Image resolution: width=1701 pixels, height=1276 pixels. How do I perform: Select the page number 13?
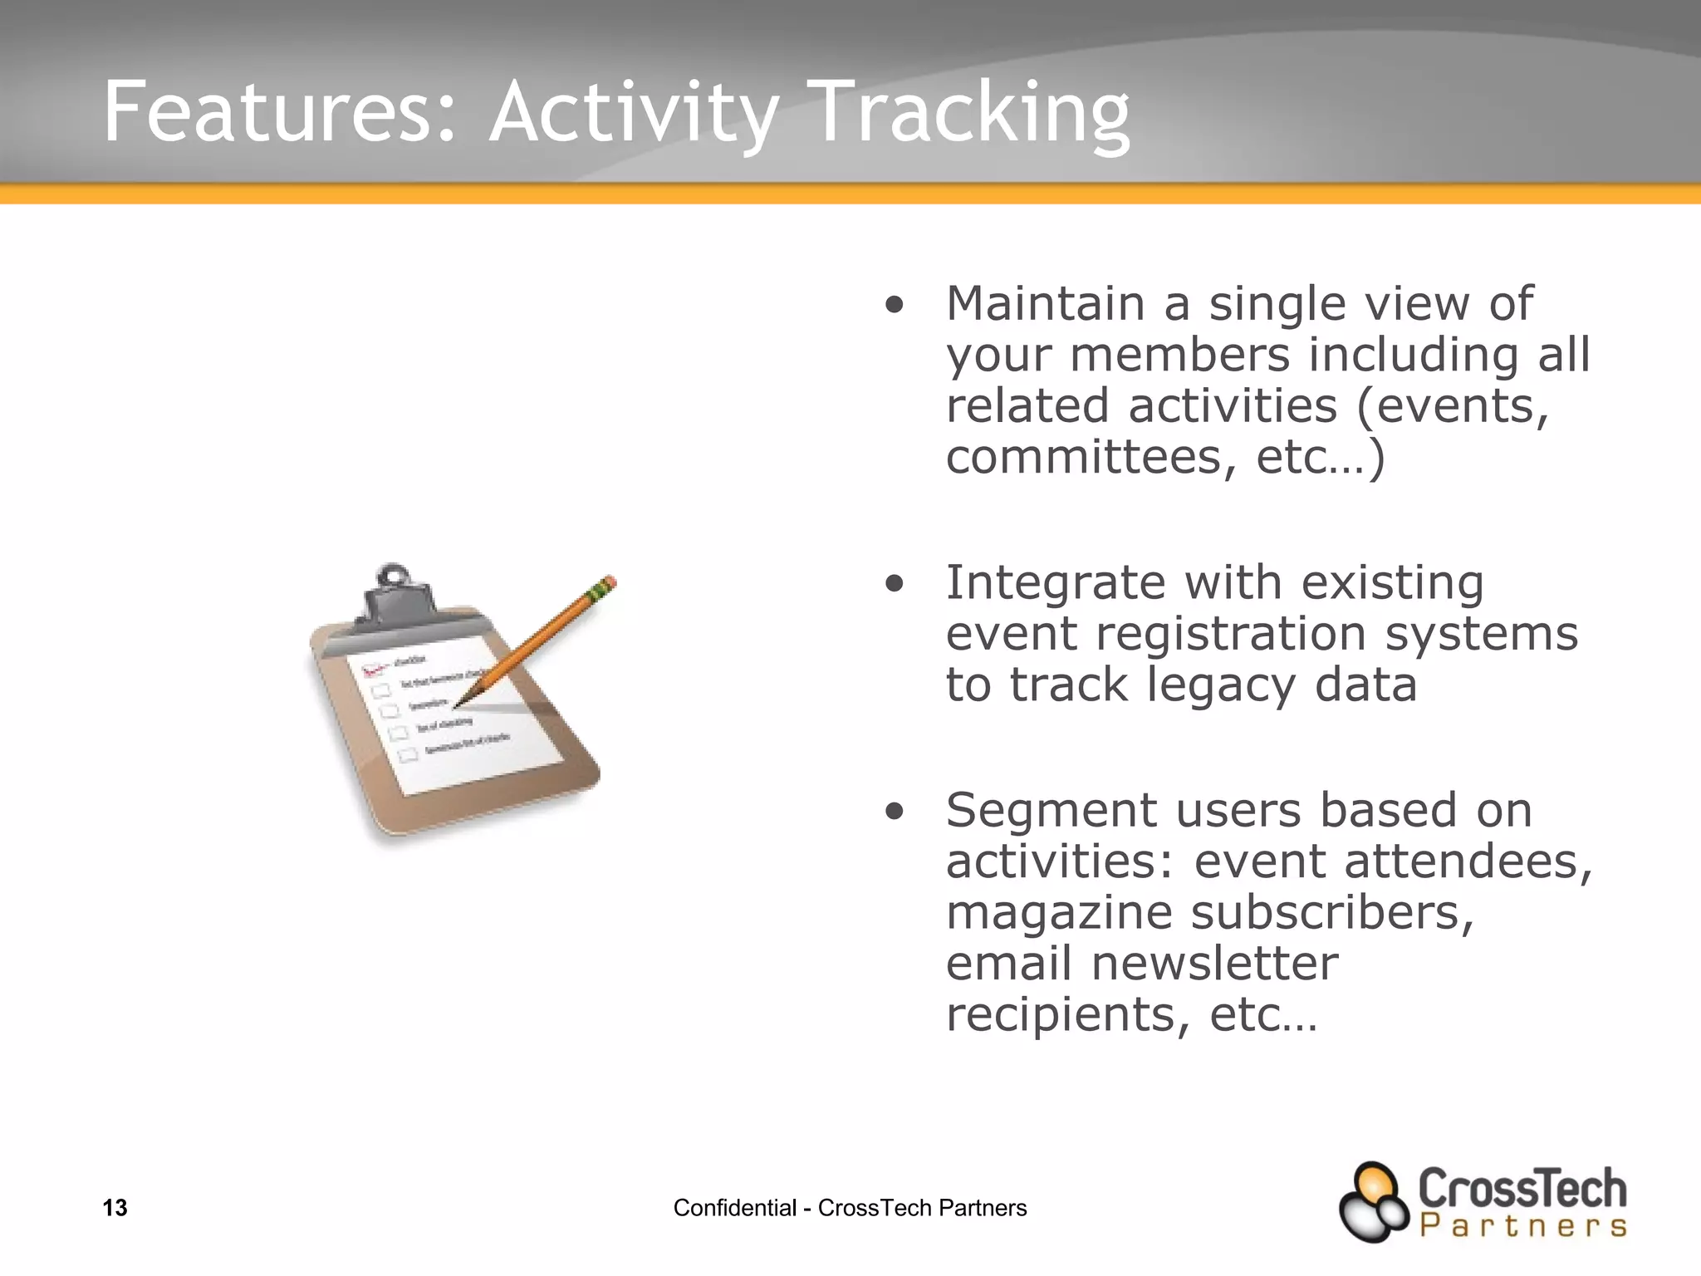[x=115, y=1208]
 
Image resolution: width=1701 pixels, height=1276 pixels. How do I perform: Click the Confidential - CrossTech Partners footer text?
[x=850, y=1208]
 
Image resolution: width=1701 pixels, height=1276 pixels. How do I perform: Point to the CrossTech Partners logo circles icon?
[x=1374, y=1202]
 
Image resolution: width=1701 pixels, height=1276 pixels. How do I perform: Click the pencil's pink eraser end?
[x=609, y=582]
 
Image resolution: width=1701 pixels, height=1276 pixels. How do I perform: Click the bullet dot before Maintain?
[x=894, y=305]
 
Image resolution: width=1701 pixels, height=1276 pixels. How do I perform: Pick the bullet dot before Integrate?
[x=894, y=584]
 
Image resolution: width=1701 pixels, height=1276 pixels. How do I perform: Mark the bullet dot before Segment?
[x=894, y=811]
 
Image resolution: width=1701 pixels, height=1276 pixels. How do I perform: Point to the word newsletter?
[x=1214, y=964]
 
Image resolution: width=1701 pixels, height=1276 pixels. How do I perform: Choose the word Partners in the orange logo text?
[x=1522, y=1226]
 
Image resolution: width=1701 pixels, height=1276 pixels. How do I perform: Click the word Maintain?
[x=1046, y=303]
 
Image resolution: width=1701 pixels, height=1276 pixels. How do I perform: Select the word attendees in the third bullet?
[x=1468, y=861]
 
